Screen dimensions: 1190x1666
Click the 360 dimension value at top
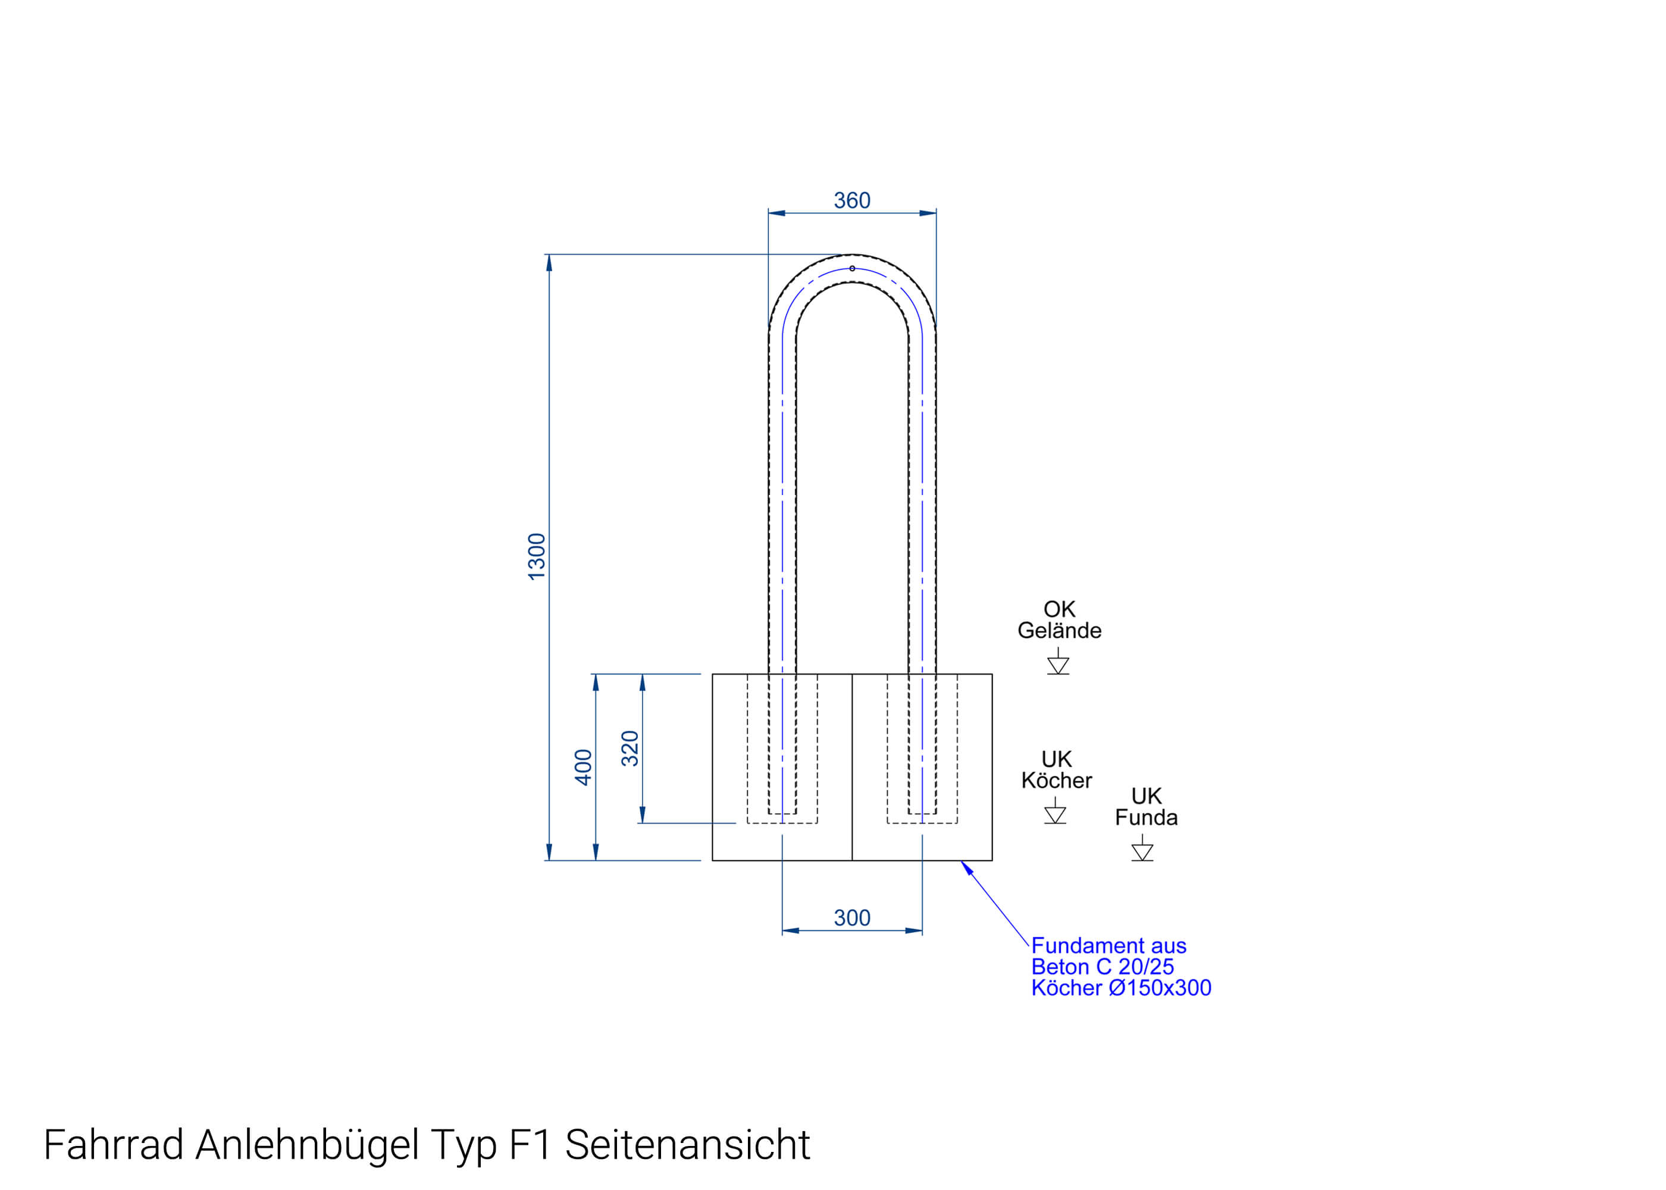pos(851,200)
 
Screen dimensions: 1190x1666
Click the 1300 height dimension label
pos(537,557)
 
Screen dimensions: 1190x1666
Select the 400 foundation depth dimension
pos(583,767)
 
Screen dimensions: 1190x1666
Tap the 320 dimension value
pos(630,748)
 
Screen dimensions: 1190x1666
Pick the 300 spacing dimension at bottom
pos(851,917)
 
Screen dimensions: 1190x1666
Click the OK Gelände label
pos(1059,619)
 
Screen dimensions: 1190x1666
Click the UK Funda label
pos(1146,806)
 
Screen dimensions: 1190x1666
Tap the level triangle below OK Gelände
pos(1058,665)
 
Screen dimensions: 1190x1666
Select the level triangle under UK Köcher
pos(1055,815)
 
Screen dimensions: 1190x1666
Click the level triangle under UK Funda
pos(1142,851)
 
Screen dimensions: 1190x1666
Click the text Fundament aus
pos(1108,945)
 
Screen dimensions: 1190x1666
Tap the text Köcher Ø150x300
pos(1121,988)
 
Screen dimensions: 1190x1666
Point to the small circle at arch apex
pos(852,268)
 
